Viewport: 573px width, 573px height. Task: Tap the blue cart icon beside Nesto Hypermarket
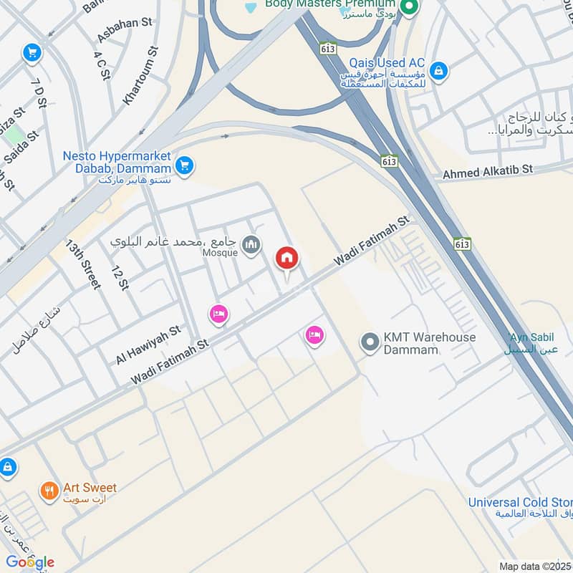pos(185,165)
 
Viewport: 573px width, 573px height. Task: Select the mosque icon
pos(251,246)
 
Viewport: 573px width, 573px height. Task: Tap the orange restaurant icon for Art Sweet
pos(49,491)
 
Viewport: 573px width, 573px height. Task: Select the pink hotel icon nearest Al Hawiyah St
pos(218,314)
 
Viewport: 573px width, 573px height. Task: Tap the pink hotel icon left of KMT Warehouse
pos(314,334)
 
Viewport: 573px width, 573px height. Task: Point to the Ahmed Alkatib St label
pos(488,171)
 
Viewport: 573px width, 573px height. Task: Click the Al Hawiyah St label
pos(148,346)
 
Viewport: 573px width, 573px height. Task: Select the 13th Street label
pos(84,264)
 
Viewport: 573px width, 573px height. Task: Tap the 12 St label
pos(119,277)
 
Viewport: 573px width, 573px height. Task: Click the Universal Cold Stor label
pos(520,502)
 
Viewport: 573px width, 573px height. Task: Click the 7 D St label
pos(39,93)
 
